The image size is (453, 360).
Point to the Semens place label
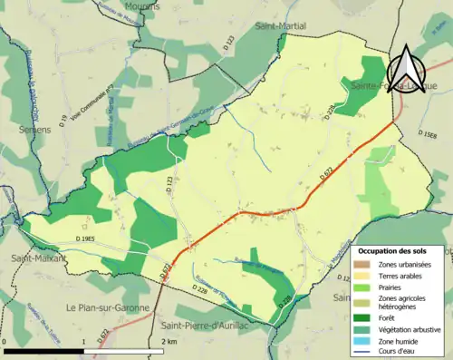[x=19, y=130]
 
